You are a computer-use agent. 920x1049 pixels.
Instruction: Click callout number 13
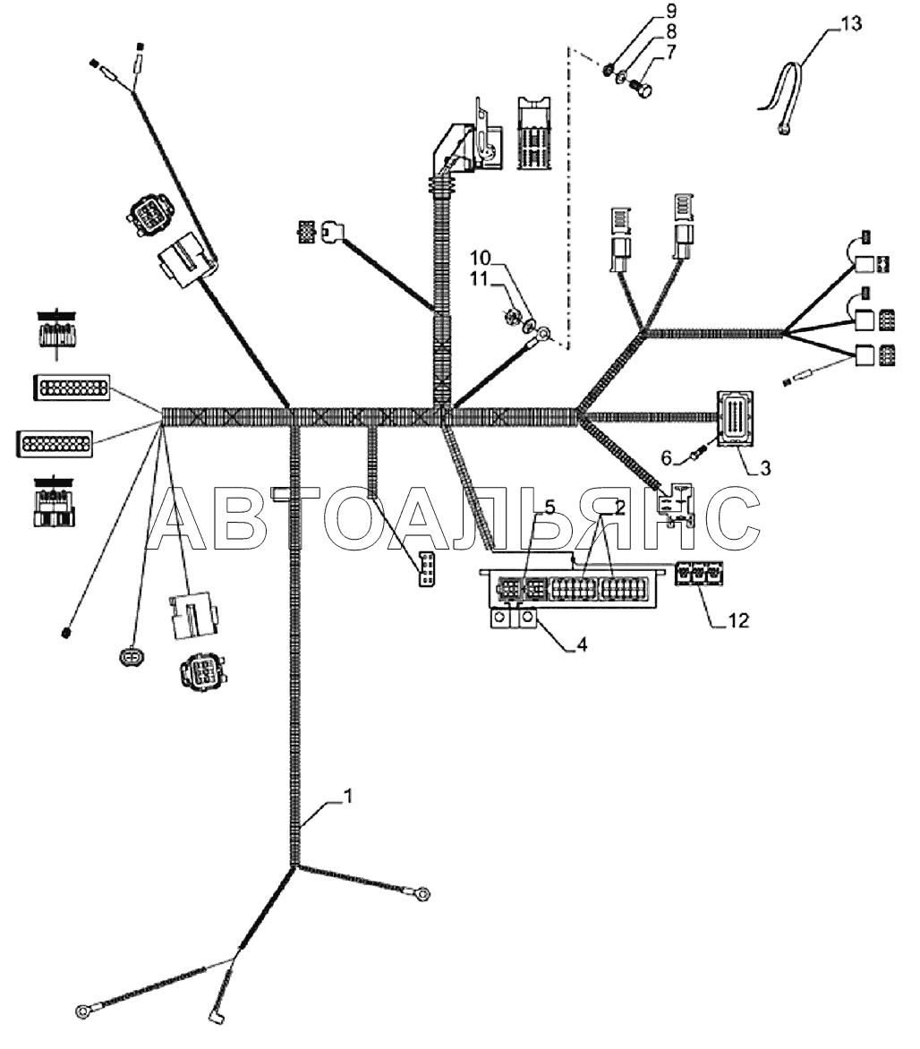pos(850,23)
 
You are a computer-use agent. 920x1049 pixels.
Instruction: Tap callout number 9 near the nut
pos(670,12)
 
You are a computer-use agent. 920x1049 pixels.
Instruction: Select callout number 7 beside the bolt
pos(670,52)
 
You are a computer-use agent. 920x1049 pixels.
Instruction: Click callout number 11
pos(479,278)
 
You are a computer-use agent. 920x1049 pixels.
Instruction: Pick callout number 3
pos(765,467)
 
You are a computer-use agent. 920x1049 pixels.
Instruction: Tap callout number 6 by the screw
pos(667,458)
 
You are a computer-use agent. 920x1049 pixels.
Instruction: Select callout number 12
pos(738,621)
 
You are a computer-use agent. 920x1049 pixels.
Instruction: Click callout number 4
pos(582,645)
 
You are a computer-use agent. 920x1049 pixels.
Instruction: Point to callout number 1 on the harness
pos(347,796)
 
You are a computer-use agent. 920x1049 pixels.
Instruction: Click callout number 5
pos(549,507)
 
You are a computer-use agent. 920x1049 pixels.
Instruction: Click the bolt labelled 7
pos(643,86)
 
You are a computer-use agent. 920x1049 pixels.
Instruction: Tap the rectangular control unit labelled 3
pos(734,418)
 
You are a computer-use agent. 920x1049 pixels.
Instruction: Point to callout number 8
pos(670,31)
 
